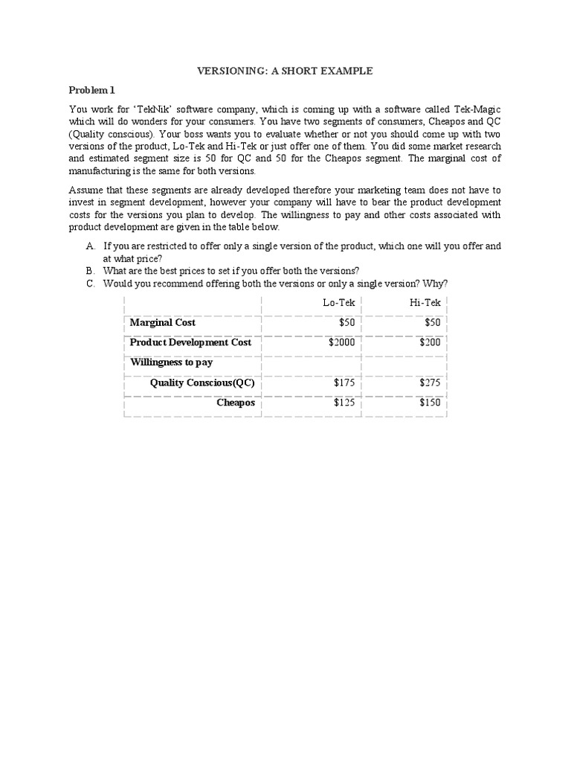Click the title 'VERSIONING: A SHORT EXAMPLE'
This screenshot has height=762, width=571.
pyautogui.click(x=284, y=71)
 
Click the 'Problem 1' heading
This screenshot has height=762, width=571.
pyautogui.click(x=92, y=90)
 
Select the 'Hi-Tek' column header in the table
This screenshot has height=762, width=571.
pyautogui.click(x=425, y=303)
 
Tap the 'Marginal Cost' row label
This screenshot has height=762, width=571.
pyautogui.click(x=163, y=322)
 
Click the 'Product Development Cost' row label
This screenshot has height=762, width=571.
pyautogui.click(x=190, y=342)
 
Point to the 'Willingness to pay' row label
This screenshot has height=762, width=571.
pyautogui.click(x=172, y=362)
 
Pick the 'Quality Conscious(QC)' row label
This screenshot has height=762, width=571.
pyautogui.click(x=202, y=382)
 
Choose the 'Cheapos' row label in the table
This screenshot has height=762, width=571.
pyautogui.click(x=236, y=403)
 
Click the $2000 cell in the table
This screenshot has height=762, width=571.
pyautogui.click(x=341, y=342)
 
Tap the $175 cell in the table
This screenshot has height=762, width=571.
pyautogui.click(x=344, y=382)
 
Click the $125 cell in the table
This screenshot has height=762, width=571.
pyautogui.click(x=344, y=403)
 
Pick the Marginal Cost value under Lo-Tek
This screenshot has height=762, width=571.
pyautogui.click(x=346, y=322)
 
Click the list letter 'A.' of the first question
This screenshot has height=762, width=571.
pyautogui.click(x=91, y=246)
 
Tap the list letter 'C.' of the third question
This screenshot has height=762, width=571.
pyautogui.click(x=91, y=284)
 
